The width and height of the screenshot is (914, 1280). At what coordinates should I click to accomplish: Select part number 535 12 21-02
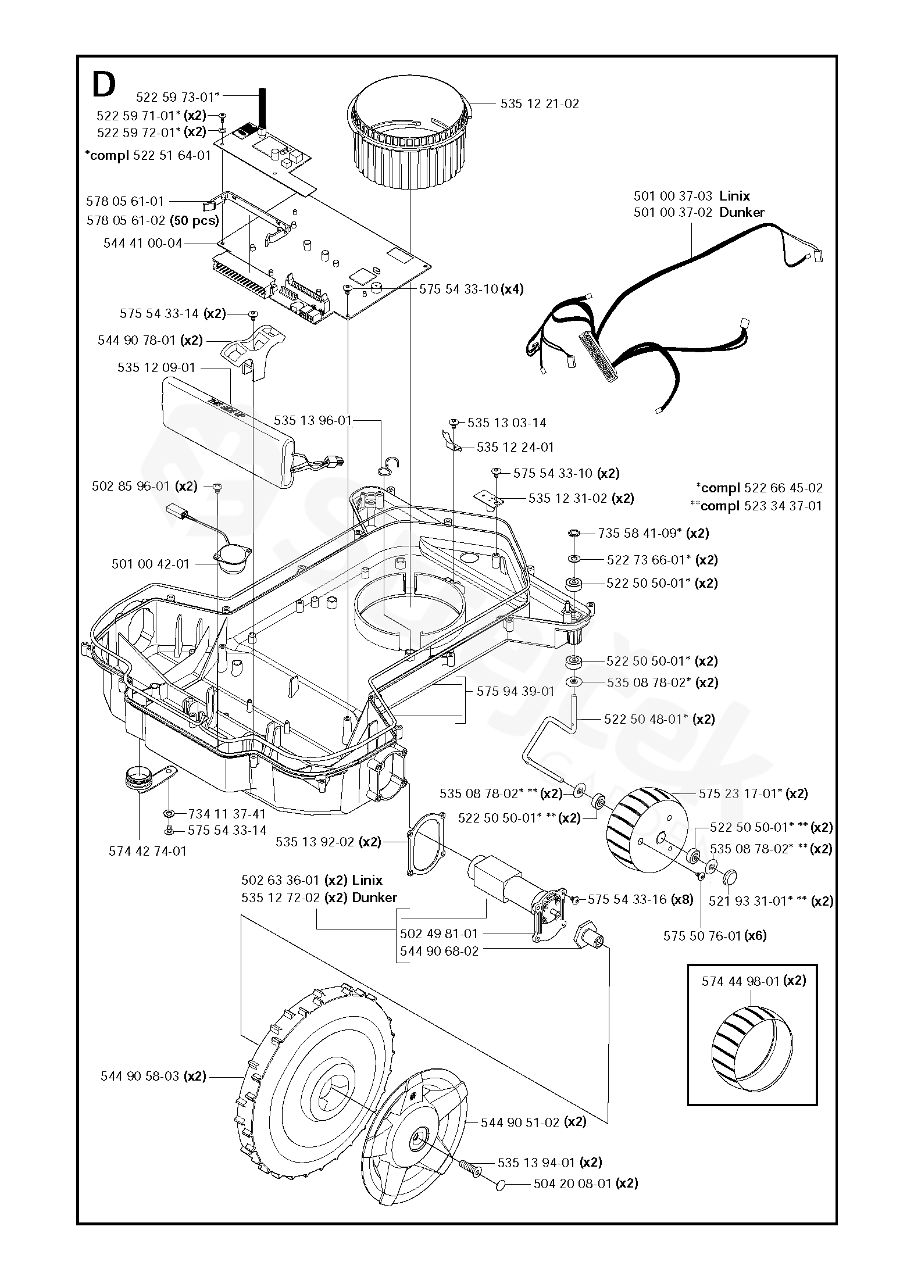coord(540,104)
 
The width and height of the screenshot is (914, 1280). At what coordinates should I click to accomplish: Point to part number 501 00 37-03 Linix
coord(692,196)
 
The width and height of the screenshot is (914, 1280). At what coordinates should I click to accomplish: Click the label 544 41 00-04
coord(143,243)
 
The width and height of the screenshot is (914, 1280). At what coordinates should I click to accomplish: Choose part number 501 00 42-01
coord(151,564)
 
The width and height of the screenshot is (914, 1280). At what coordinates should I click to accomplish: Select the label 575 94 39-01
coord(516,691)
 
